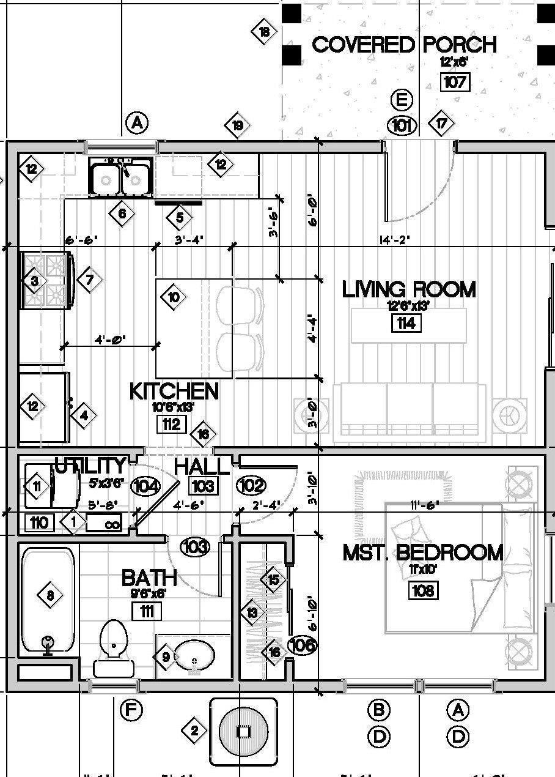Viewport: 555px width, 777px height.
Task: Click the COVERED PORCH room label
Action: pos(404,45)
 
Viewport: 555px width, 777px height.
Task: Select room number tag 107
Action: pos(454,81)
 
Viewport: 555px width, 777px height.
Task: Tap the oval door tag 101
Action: pos(402,125)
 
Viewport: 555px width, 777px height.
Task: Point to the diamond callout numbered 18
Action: pos(264,32)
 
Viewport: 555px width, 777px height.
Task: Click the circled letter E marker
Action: pos(402,100)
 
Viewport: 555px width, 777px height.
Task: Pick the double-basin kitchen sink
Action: pos(121,177)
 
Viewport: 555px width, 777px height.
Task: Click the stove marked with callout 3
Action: pos(46,281)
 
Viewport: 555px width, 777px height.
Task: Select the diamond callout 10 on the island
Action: pos(174,297)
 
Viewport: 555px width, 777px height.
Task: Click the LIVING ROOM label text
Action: pos(408,289)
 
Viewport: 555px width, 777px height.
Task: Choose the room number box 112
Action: pos(171,423)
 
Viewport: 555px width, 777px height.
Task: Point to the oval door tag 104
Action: pos(145,487)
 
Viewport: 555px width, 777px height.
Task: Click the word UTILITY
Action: pos(90,466)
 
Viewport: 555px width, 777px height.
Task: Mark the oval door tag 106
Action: pos(302,644)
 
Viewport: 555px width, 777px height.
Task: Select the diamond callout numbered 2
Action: pos(194,731)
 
